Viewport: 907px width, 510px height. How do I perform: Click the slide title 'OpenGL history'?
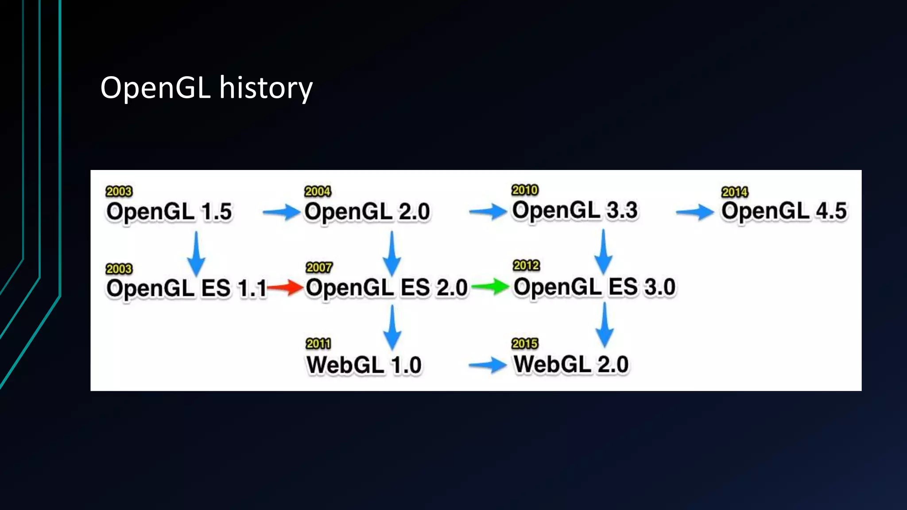(206, 88)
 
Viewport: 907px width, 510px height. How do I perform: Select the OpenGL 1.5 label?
(169, 212)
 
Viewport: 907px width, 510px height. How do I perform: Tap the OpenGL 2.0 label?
(367, 212)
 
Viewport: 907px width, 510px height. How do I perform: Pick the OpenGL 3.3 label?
(574, 210)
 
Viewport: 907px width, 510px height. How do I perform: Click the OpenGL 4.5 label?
(783, 211)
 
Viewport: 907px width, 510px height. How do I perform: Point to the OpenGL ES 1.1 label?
(186, 289)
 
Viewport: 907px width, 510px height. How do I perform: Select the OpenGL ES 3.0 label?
(594, 287)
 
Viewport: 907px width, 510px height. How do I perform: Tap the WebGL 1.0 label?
(364, 365)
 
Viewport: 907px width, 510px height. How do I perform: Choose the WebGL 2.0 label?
(571, 364)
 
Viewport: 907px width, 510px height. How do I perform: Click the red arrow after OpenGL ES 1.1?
(285, 288)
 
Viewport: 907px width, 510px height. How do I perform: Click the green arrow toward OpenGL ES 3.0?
(491, 286)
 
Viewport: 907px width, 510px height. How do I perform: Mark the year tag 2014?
(734, 192)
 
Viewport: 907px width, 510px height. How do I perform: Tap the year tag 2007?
(319, 267)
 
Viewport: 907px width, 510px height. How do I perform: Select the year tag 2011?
(318, 344)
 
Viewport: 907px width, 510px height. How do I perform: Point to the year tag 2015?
(525, 344)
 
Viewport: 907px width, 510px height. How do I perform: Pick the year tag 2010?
(525, 190)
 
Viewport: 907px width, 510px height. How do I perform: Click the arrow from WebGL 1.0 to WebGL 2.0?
(488, 365)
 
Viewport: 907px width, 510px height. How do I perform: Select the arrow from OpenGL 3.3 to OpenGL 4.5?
(695, 212)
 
